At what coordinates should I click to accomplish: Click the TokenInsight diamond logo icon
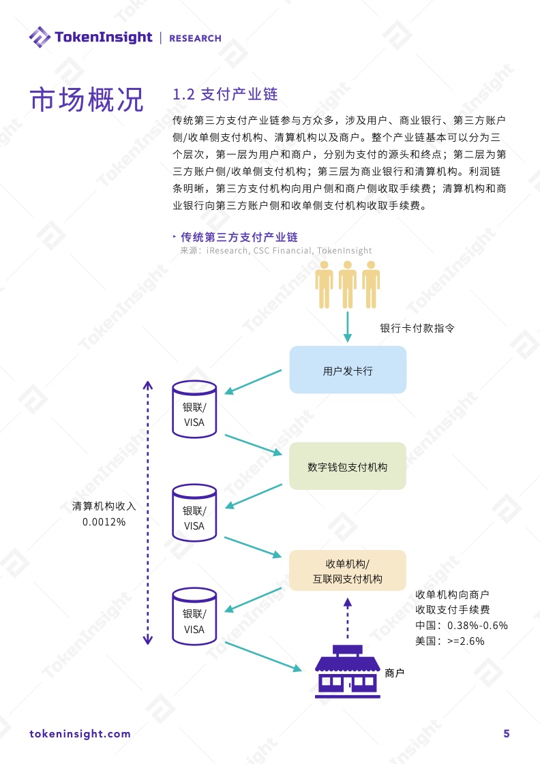tap(40, 37)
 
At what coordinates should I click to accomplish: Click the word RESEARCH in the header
tap(196, 38)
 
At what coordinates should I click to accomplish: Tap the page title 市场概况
tap(87, 100)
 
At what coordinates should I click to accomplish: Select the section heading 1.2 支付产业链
tap(225, 94)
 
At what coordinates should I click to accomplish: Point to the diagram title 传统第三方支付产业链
tap(239, 237)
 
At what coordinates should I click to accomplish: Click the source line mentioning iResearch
tap(276, 251)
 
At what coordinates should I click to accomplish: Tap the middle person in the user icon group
tap(348, 285)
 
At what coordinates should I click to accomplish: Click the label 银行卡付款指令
tap(417, 328)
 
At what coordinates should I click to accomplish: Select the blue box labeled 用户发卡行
tap(348, 370)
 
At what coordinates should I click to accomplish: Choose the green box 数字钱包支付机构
tap(348, 466)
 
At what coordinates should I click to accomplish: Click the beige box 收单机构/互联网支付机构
tap(348, 570)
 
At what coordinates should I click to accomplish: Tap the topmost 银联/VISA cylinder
tap(194, 410)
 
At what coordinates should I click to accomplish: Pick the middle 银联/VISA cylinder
tap(194, 513)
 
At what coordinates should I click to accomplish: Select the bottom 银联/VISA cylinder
tap(194, 616)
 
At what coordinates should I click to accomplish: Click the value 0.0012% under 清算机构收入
tap(104, 522)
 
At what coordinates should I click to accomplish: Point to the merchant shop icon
tap(348, 671)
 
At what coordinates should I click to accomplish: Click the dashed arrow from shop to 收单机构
tap(348, 618)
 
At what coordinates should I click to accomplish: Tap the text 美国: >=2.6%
tap(450, 641)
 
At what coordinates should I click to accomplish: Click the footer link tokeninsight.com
tap(80, 734)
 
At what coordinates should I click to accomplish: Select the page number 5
tap(507, 734)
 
